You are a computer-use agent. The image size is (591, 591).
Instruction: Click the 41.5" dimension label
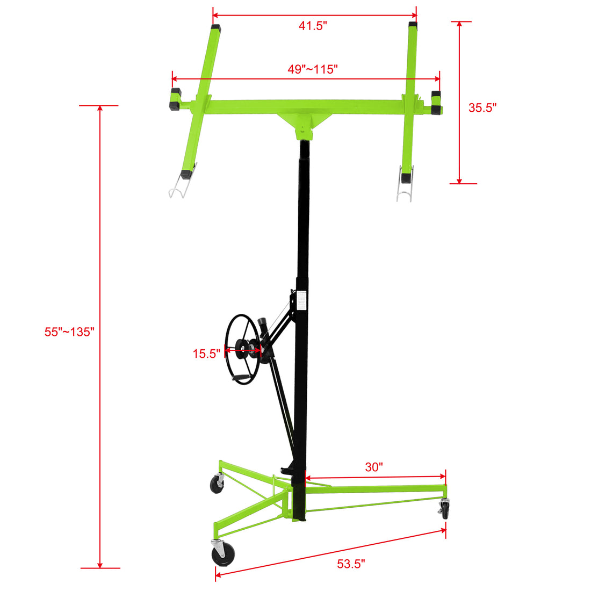(313, 26)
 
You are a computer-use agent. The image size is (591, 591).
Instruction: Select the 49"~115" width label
(312, 69)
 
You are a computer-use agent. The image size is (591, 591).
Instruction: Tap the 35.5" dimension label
(482, 107)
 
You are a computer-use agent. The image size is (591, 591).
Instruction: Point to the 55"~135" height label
(69, 332)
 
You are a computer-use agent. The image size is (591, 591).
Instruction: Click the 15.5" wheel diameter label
(206, 354)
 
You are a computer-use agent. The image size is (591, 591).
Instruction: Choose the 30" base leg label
(374, 467)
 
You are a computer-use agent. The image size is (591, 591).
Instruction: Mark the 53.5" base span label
(351, 564)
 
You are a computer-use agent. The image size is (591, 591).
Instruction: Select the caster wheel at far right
(445, 508)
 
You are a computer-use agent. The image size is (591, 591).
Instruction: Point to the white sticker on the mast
(302, 300)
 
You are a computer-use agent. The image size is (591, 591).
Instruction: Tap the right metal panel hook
(405, 189)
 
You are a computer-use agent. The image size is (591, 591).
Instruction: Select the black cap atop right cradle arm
(413, 25)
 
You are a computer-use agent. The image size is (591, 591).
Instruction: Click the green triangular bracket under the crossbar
(305, 120)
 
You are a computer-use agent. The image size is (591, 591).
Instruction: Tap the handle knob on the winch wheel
(240, 379)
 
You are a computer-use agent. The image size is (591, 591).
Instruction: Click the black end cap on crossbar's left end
(175, 100)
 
